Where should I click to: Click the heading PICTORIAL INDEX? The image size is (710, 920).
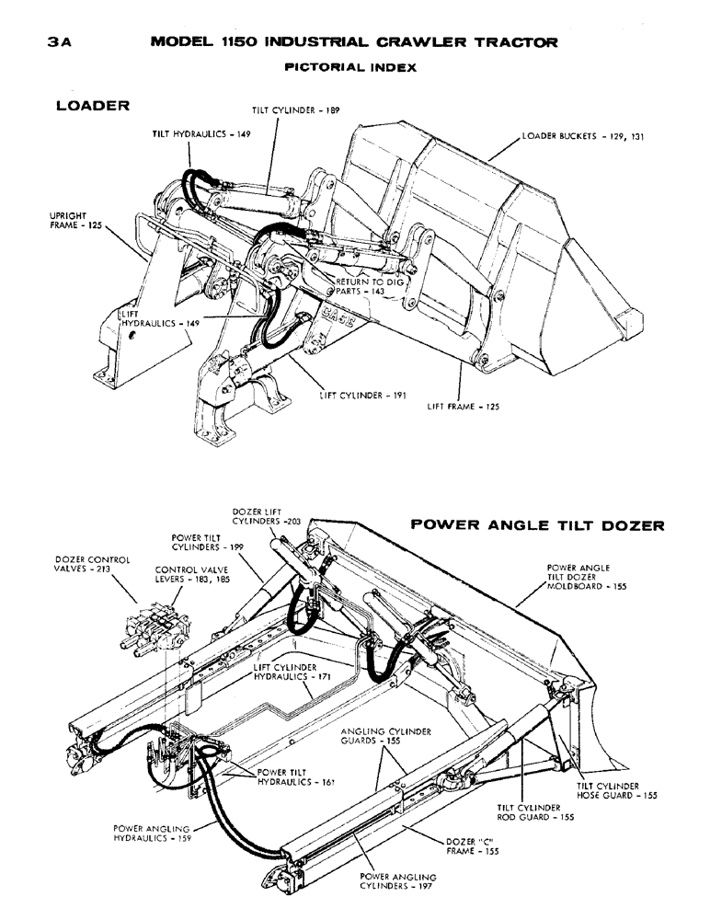[351, 67]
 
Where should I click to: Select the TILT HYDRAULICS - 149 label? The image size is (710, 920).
[201, 133]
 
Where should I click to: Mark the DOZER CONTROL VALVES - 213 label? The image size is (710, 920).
[92, 564]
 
